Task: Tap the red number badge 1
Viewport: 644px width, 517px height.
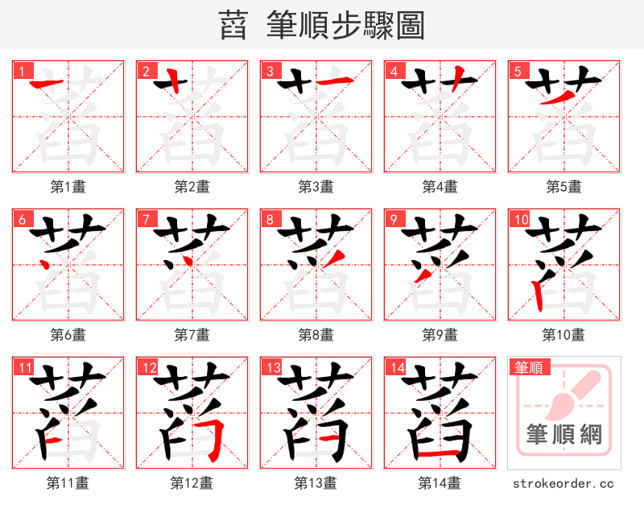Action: (20, 70)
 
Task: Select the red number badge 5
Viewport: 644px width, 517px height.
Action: (516, 70)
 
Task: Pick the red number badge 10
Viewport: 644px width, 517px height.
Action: (520, 218)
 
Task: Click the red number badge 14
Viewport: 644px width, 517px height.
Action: (396, 367)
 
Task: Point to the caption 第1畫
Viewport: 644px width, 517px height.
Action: (68, 187)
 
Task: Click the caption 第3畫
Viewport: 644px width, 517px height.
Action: (316, 187)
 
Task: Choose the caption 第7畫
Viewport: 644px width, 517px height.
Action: (192, 334)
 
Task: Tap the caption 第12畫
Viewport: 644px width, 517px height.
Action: (192, 483)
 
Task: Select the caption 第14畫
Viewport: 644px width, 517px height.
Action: (440, 483)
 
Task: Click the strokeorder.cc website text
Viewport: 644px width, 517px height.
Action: (563, 483)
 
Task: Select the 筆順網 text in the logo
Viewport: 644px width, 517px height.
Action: (563, 435)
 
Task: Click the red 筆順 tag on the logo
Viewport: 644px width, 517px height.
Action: (528, 368)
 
